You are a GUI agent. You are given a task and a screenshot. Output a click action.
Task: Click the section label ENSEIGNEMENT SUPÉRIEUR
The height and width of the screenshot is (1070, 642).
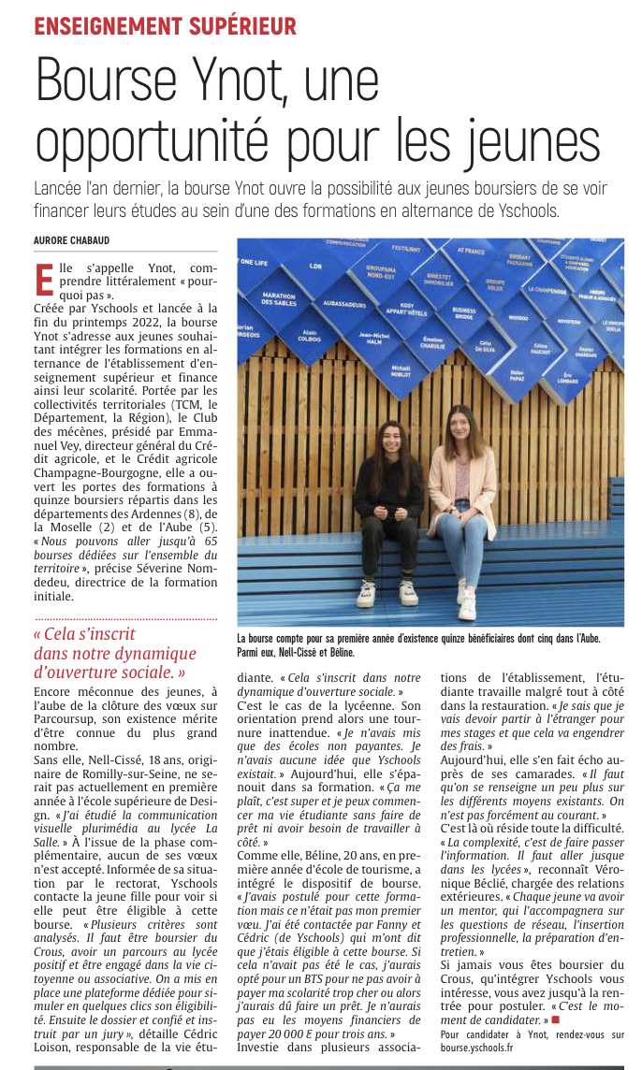coord(165,25)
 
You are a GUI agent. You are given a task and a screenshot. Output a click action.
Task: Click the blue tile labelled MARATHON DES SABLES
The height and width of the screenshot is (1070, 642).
coord(279,299)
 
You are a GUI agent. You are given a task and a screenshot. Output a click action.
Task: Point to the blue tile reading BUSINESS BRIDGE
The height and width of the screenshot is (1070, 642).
coord(463,313)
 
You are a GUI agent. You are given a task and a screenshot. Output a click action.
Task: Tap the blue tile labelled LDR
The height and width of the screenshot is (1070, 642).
coord(316,265)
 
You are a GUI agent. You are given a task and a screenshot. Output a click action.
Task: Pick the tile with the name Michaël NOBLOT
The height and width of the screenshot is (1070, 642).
coord(401,370)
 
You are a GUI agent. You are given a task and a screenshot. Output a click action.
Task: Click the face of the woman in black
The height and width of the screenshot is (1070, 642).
coord(387,439)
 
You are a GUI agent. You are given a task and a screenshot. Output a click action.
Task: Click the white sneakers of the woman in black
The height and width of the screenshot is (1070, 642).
coord(387,593)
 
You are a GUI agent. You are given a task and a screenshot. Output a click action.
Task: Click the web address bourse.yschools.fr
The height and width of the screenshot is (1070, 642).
coord(479,1048)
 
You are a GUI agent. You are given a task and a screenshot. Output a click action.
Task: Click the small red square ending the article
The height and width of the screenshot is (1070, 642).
coord(555,1019)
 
